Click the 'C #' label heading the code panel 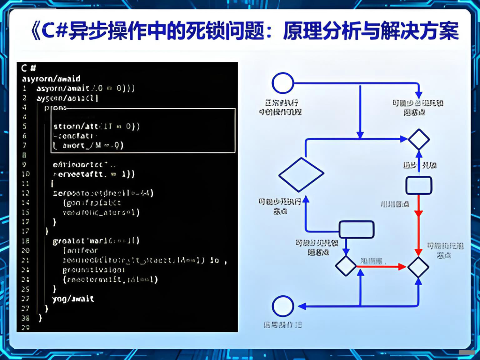coord(29,68)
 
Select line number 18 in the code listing coord(25,241)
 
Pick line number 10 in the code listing coord(25,174)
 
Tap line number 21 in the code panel coord(25,260)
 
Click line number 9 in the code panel coord(24,164)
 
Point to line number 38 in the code coord(25,318)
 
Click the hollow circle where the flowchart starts coord(283,83)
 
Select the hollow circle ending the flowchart coord(283,306)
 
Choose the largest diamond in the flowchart coord(301,175)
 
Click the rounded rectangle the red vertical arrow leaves coord(419,185)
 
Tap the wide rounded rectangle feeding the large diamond coord(356,230)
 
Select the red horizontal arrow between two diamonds coord(381,266)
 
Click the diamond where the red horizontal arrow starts coord(346,266)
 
